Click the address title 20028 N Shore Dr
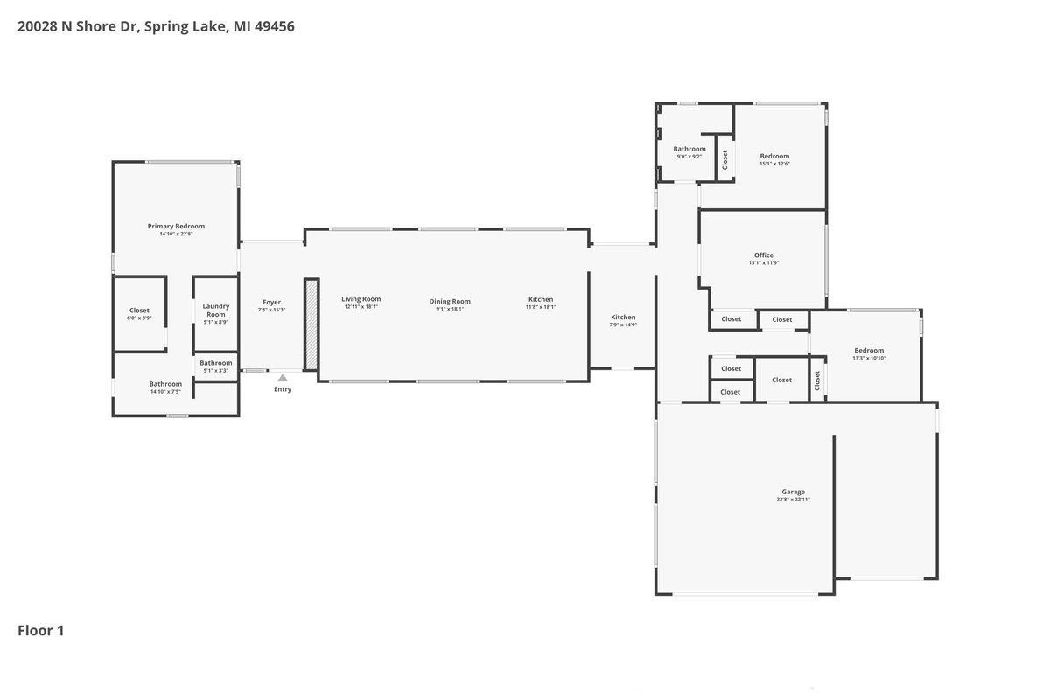156,26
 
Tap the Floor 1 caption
41,630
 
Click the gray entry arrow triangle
283,378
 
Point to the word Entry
283,389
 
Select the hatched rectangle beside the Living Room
311,324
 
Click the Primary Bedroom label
176,226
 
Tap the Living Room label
360,299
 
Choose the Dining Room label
450,301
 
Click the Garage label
794,492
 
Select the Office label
764,255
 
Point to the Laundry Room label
216,310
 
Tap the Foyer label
272,302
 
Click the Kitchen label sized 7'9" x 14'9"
623,317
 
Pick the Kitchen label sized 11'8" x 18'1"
541,299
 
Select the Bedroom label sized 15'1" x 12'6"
774,156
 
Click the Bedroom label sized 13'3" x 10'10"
869,350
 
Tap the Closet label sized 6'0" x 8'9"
139,311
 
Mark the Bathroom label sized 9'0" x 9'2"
689,149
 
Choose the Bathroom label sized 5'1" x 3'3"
216,363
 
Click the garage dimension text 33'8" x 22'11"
794,500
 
